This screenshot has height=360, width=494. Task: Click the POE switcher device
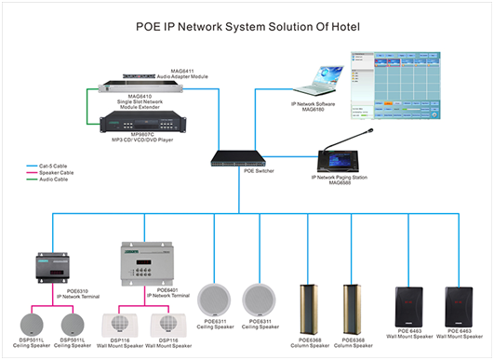point(241,162)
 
